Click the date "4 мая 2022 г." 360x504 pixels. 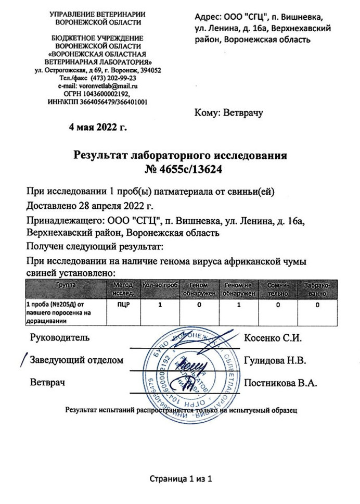click(x=98, y=126)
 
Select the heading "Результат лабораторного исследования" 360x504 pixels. click(x=180, y=156)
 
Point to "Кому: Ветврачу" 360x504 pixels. click(x=228, y=111)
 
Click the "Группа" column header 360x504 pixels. click(x=65, y=286)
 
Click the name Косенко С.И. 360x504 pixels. click(x=273, y=337)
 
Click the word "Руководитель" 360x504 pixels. click(x=60, y=337)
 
